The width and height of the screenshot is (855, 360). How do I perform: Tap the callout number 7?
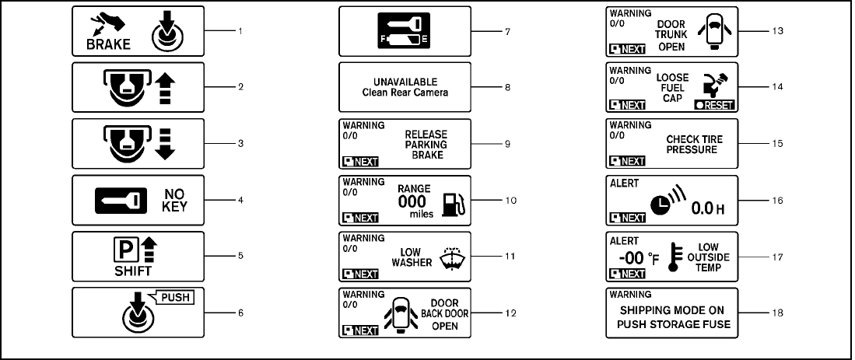click(506, 31)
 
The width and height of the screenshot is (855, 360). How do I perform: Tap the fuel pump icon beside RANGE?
click(453, 204)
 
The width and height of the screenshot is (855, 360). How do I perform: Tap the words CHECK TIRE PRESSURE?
click(692, 144)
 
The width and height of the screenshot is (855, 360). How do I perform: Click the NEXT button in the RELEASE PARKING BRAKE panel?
click(360, 161)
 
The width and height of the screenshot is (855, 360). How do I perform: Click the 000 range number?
click(412, 201)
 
